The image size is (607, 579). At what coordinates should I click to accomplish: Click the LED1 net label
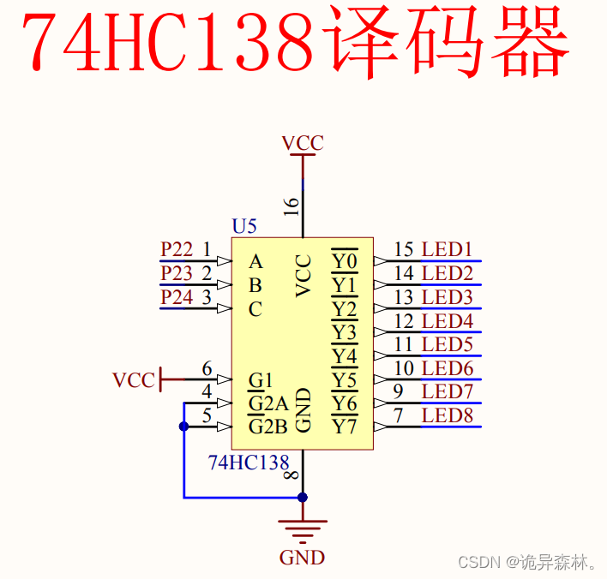(447, 250)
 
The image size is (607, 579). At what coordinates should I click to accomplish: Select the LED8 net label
(447, 416)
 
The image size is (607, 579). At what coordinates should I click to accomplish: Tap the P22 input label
(177, 249)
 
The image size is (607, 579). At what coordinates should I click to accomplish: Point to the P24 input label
(177, 297)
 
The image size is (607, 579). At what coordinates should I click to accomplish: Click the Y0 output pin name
(345, 260)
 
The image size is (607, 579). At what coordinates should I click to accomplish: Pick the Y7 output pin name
(345, 426)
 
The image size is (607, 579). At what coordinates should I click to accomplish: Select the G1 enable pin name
(260, 379)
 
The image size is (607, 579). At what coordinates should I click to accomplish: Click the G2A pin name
(267, 403)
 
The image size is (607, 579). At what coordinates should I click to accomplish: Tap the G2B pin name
(267, 427)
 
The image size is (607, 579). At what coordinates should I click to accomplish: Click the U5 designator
(244, 227)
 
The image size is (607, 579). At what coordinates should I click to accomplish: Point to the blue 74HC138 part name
(249, 463)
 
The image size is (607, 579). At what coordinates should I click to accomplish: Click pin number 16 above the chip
(291, 206)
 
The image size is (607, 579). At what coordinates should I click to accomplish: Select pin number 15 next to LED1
(404, 250)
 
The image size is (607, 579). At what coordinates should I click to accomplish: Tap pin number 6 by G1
(207, 369)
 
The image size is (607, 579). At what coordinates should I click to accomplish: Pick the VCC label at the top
(303, 143)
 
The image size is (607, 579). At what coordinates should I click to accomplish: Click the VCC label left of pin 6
(134, 379)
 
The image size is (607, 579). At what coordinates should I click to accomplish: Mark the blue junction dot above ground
(302, 497)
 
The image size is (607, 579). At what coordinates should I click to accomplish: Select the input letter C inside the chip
(255, 310)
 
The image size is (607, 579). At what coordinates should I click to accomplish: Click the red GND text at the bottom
(302, 558)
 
